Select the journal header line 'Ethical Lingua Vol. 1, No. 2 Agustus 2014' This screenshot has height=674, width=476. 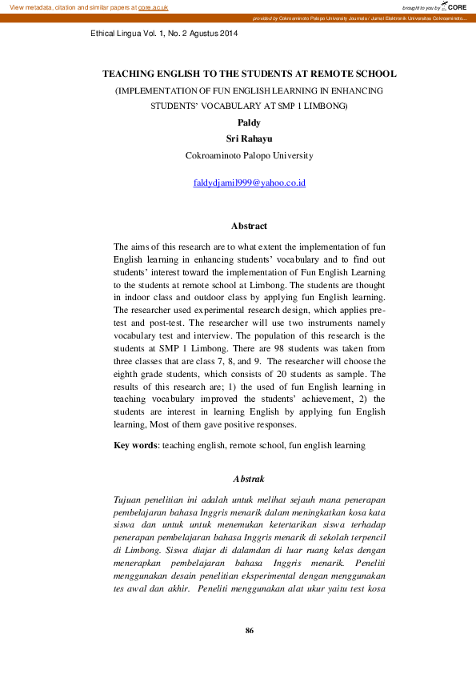165,34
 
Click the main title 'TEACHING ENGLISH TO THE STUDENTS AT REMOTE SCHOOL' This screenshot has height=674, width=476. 249,74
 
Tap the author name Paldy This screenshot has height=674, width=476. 249,122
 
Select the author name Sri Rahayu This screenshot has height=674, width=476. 249,138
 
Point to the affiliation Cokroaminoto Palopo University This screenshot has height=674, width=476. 249,155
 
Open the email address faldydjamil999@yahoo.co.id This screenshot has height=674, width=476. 249,183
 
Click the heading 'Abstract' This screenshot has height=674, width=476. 249,227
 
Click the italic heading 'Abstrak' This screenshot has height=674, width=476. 248,479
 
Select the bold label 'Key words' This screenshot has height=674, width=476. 134,445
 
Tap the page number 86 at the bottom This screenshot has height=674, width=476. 249,632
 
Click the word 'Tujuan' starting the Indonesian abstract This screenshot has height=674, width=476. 130,499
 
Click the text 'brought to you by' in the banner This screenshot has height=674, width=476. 421,7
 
